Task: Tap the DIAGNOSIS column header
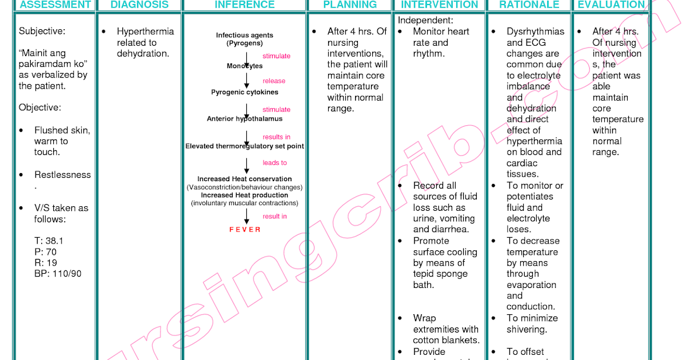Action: pos(139,5)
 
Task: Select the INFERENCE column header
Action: pos(245,5)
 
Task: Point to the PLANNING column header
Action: pos(350,5)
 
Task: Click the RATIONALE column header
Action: pos(529,5)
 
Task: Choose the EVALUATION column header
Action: pos(611,5)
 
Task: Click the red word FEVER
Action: pos(245,230)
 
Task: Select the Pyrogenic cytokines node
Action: pos(245,92)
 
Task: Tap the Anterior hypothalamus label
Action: pos(245,119)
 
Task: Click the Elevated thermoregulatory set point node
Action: pos(245,146)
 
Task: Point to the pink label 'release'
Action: pos(274,81)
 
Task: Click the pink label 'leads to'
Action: pos(274,163)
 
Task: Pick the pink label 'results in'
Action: pos(276,137)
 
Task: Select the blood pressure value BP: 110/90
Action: pos(58,274)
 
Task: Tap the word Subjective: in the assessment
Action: pos(42,31)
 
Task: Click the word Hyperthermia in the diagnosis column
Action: pos(145,31)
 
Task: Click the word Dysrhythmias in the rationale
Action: pos(535,31)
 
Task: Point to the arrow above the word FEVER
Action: pos(247,215)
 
